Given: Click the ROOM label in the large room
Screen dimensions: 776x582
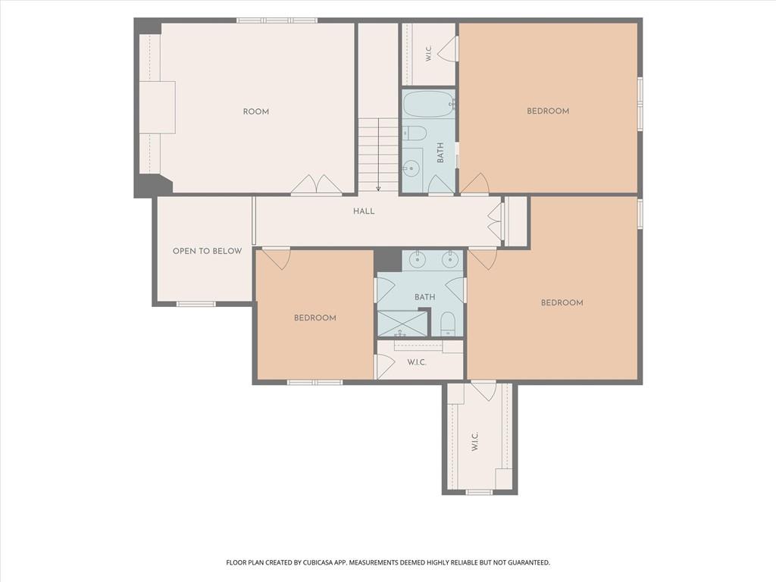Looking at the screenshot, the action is click(x=256, y=112).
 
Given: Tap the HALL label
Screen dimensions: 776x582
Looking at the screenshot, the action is click(x=364, y=211).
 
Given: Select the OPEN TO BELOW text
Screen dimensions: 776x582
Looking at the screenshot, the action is click(x=208, y=252).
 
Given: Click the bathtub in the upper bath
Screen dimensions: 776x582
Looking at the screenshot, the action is click(x=429, y=104).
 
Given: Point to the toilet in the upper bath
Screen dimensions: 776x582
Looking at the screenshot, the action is click(x=415, y=133).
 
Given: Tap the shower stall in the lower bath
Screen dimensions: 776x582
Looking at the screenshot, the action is click(x=402, y=323).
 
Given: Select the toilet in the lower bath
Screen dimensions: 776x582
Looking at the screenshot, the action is click(x=447, y=324).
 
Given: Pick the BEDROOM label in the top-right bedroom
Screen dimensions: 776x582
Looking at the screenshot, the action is click(x=548, y=111).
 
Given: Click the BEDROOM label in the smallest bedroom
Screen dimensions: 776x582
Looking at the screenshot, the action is click(x=315, y=318).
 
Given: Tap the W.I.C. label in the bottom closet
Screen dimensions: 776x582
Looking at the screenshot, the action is click(x=474, y=442).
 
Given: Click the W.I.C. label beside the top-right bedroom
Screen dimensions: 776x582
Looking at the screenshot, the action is click(x=429, y=54).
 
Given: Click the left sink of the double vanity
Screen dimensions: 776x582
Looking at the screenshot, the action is click(x=418, y=259).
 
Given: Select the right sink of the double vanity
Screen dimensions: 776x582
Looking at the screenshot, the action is click(x=450, y=259).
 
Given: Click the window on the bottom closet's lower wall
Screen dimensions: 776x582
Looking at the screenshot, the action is click(x=480, y=492).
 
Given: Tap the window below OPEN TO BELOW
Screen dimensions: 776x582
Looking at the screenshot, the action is click(x=196, y=304).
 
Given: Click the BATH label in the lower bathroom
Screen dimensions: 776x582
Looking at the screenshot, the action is click(x=424, y=297).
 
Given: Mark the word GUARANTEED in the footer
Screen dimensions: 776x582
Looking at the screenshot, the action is click(x=530, y=563).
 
